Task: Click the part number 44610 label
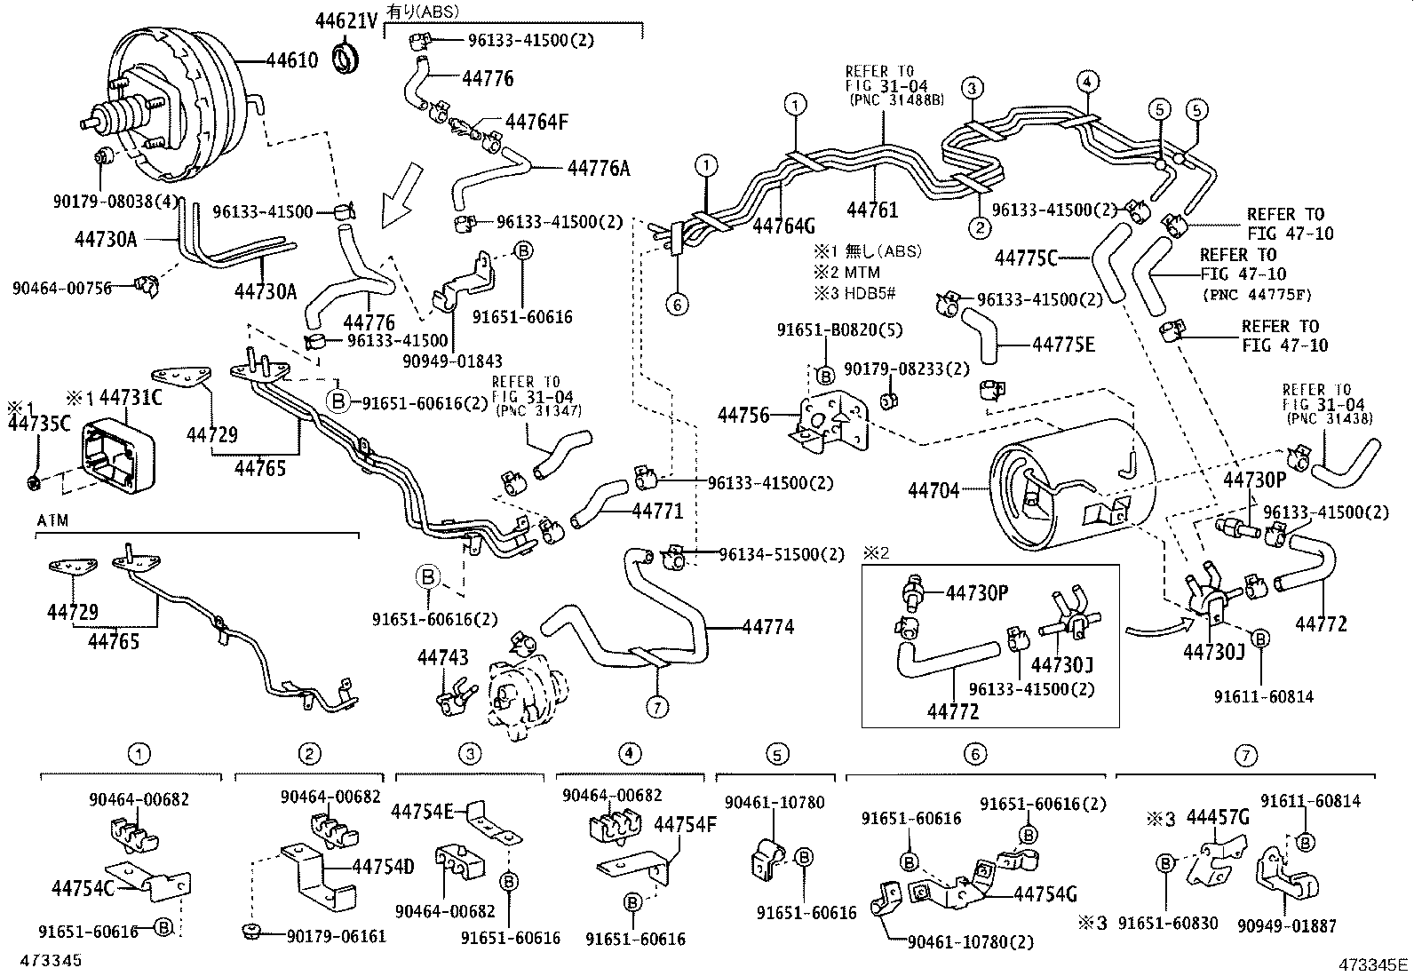pyautogui.click(x=292, y=60)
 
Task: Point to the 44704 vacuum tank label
pyautogui.click(x=933, y=489)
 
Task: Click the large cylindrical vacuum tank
pyautogui.click(x=1066, y=484)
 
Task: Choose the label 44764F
pyautogui.click(x=536, y=122)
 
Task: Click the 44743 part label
pyautogui.click(x=442, y=656)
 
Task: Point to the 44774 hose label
pyautogui.click(x=767, y=627)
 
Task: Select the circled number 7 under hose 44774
pyautogui.click(x=657, y=707)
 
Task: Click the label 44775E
pyautogui.click(x=1063, y=345)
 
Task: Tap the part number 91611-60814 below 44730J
pyautogui.click(x=1263, y=697)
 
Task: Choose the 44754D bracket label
pyautogui.click(x=383, y=867)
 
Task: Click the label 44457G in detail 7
pyautogui.click(x=1218, y=817)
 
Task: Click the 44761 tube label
pyautogui.click(x=872, y=210)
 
